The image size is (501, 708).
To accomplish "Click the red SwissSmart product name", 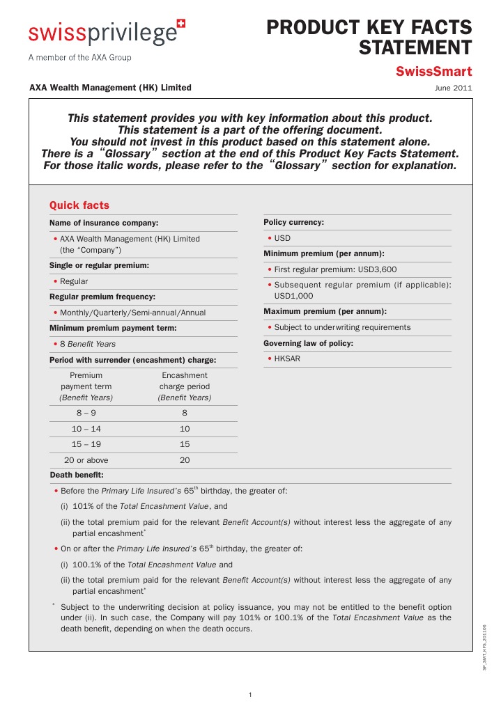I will (x=433, y=72).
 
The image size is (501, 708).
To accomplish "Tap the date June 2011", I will (x=453, y=88).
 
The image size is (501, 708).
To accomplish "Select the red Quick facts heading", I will (x=79, y=205).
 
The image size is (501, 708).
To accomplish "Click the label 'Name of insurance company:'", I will (x=104, y=223).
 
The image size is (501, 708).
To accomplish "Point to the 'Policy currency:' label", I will (x=293, y=222).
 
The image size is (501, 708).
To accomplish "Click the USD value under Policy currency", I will (x=282, y=238).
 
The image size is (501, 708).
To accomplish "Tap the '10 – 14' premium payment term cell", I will (x=86, y=429).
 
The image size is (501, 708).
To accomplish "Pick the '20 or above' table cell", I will (x=86, y=460).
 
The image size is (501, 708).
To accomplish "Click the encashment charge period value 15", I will (x=185, y=444).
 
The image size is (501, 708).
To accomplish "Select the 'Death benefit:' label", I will (x=77, y=475).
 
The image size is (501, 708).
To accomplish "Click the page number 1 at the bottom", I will (x=250, y=695).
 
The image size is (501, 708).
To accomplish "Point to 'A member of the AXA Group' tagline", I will (x=79, y=58).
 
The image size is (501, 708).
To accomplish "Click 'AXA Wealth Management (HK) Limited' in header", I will (x=110, y=88).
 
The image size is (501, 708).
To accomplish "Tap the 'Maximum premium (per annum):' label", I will (x=325, y=311).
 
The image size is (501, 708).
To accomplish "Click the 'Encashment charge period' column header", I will (x=185, y=386).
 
